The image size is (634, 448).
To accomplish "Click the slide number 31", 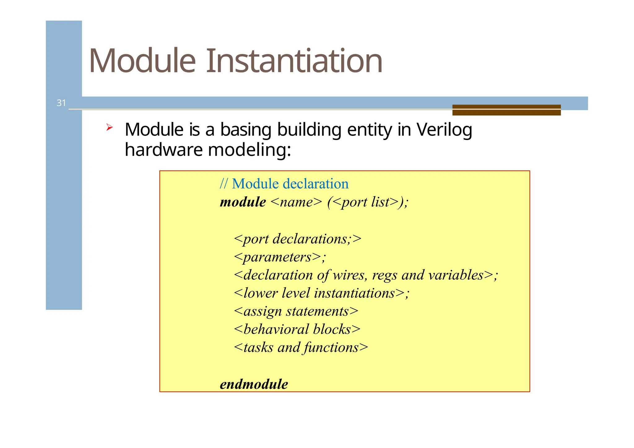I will (x=61, y=103).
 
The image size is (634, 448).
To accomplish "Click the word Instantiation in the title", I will (x=294, y=61).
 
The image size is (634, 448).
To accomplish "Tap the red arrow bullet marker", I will (x=109, y=127).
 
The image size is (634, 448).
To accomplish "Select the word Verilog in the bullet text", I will (x=444, y=130).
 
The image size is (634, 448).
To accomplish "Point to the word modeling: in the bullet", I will (x=250, y=150).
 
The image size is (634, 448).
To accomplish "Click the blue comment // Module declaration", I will (x=284, y=184).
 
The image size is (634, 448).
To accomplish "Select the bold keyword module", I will (x=243, y=202).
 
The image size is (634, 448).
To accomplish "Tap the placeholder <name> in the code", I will (x=296, y=202).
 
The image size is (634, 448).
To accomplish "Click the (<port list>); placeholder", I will (x=368, y=202).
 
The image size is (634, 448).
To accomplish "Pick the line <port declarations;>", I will (x=297, y=239).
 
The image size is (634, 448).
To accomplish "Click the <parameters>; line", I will (x=280, y=257).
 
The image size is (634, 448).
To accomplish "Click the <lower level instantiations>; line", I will (x=322, y=293).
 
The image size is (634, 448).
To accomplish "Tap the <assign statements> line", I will (x=296, y=311).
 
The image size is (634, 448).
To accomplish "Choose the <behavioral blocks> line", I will (x=297, y=329).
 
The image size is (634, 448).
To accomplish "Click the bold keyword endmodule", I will (x=254, y=384).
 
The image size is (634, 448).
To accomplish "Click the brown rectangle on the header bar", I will (x=506, y=110).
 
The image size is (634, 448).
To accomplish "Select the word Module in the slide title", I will (x=142, y=61).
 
